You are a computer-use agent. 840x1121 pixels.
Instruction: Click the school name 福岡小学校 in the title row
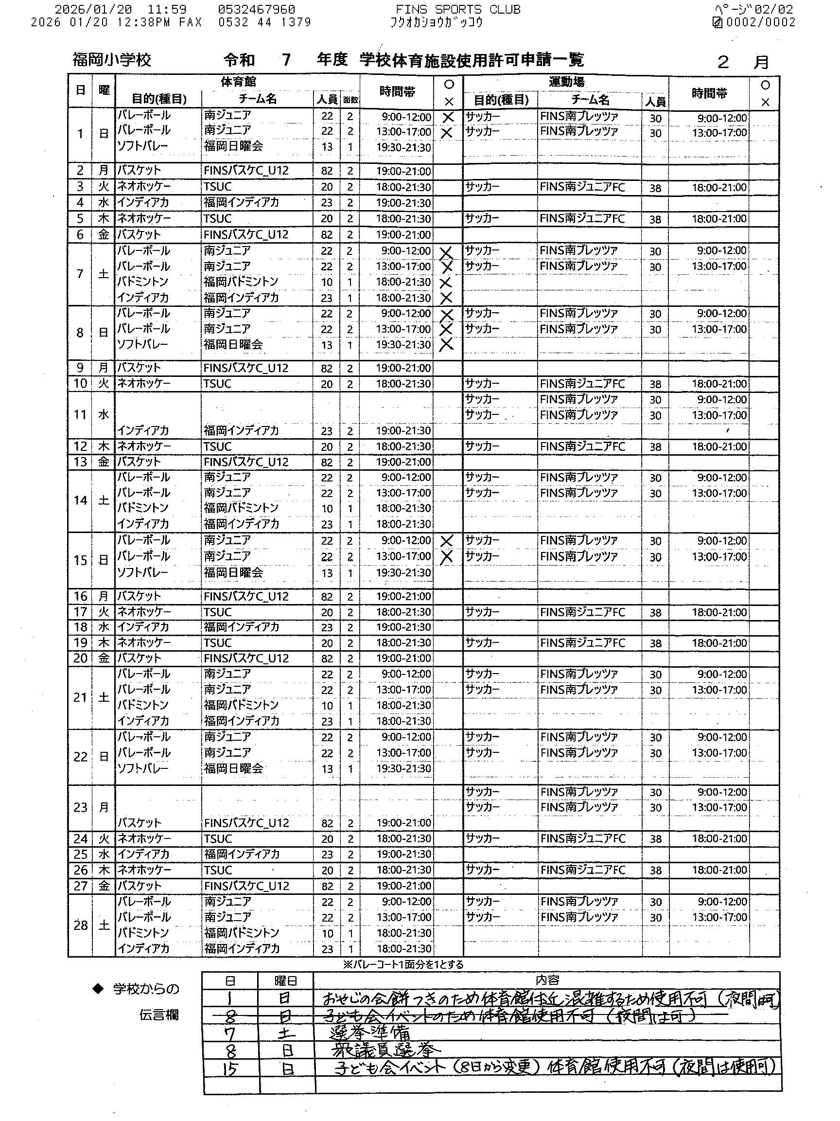pyautogui.click(x=111, y=60)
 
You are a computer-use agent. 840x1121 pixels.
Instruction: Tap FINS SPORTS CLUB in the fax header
pyautogui.click(x=457, y=10)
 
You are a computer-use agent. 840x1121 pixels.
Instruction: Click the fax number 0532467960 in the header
pyautogui.click(x=256, y=10)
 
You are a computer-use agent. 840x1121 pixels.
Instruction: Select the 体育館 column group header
pyautogui.click(x=238, y=82)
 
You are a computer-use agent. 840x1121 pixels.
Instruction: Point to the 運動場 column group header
pyautogui.click(x=566, y=82)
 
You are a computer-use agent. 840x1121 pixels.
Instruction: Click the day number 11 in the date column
pyautogui.click(x=80, y=414)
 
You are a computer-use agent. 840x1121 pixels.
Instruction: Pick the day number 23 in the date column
pyautogui.click(x=80, y=807)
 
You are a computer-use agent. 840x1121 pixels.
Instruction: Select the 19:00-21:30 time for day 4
pyautogui.click(x=403, y=203)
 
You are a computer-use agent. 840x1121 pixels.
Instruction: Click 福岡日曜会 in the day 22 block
pyautogui.click(x=233, y=768)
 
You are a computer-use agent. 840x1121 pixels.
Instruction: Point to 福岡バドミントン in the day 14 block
pyautogui.click(x=241, y=508)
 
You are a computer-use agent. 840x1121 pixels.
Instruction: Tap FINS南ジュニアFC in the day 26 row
pyautogui.click(x=583, y=870)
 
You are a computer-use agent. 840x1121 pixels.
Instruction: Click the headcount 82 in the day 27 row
pyautogui.click(x=327, y=886)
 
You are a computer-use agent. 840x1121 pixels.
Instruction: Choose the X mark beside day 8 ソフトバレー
pyautogui.click(x=446, y=345)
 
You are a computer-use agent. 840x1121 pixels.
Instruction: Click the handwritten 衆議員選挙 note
pyautogui.click(x=385, y=1050)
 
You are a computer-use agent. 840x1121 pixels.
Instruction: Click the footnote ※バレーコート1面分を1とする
pyautogui.click(x=403, y=964)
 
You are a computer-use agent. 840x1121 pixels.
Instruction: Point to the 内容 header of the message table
pyautogui.click(x=547, y=980)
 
